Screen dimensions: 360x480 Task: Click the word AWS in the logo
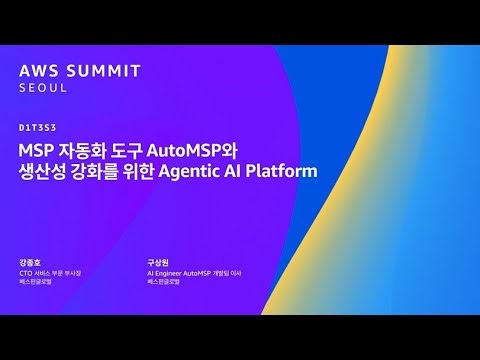[39, 71]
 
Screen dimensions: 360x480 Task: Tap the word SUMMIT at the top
[102, 71]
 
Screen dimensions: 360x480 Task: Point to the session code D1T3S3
[36, 127]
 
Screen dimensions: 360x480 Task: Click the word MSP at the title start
[37, 150]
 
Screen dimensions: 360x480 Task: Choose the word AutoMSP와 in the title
[198, 150]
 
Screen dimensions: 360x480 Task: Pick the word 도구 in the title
[127, 150]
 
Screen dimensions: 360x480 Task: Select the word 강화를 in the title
[98, 172]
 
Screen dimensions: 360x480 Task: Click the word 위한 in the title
[147, 172]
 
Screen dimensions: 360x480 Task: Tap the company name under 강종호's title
[38, 283]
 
